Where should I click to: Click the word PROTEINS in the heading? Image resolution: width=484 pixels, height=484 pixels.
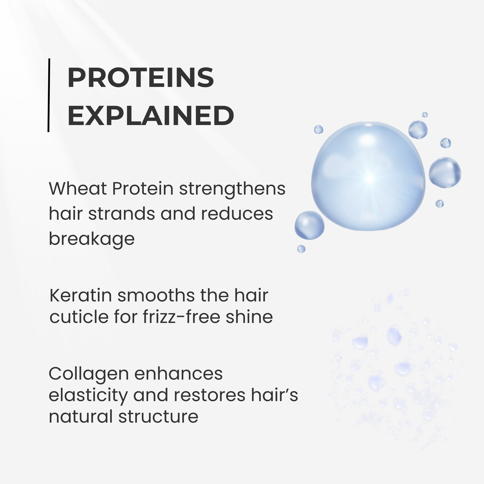141,77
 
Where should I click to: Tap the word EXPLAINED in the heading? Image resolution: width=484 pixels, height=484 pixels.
150,116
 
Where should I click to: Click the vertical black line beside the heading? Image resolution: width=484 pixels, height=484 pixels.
48,95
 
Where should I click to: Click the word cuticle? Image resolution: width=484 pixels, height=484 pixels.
79,317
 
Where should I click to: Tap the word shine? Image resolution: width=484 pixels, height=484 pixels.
249,317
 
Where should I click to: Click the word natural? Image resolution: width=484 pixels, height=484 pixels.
81,417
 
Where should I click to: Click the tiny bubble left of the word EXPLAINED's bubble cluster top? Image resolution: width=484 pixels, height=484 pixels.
318,130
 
